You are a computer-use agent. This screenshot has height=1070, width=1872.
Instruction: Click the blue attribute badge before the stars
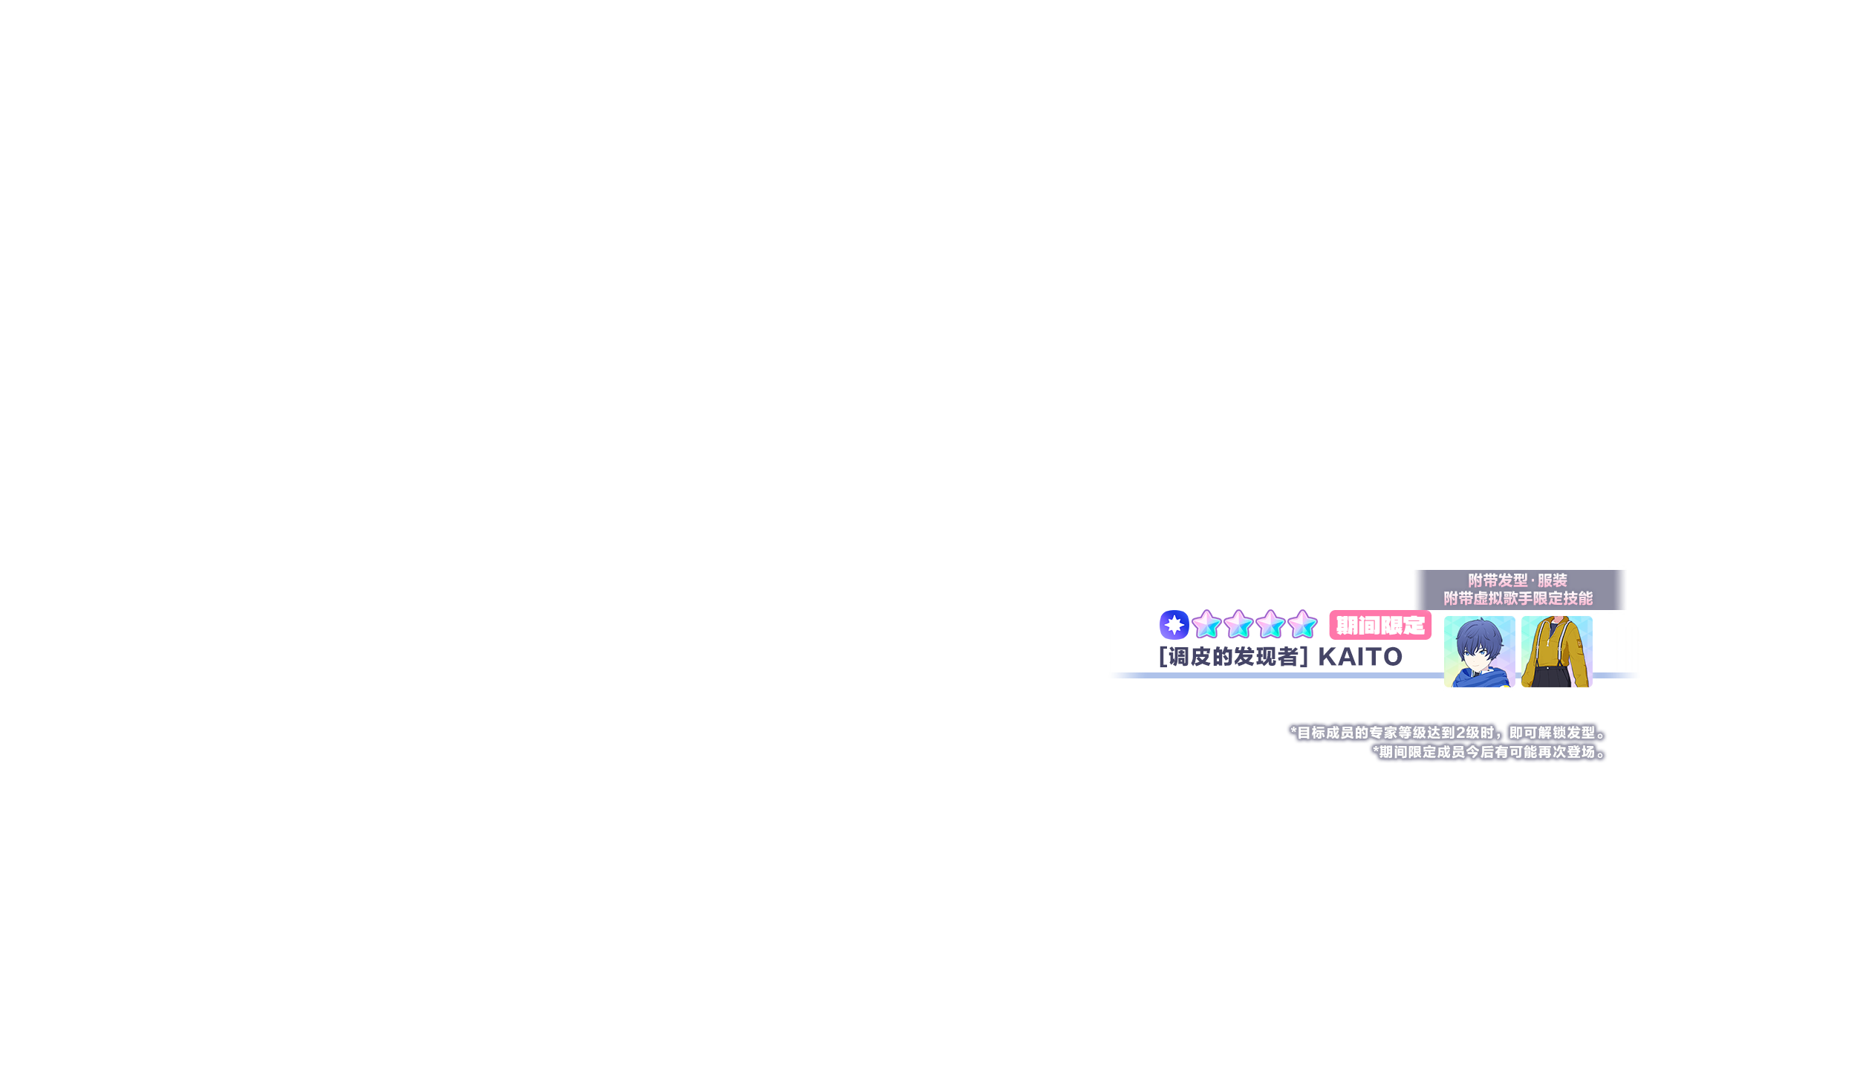coord(1174,625)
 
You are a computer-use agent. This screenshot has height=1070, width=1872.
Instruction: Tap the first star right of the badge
coord(1206,625)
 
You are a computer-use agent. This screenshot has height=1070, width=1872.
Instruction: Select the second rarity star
coord(1238,625)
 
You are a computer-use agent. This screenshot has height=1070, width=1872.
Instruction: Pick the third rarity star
coord(1270,625)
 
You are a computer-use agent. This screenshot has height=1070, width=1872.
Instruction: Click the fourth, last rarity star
coord(1302,625)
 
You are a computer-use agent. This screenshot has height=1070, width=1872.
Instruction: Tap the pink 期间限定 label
coord(1380,626)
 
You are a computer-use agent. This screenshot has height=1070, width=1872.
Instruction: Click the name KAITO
coord(1360,657)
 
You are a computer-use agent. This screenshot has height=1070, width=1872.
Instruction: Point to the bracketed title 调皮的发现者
coord(1233,657)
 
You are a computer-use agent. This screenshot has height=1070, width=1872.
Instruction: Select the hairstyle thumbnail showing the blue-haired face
coord(1479,652)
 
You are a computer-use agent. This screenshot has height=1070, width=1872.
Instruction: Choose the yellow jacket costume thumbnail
coord(1556,652)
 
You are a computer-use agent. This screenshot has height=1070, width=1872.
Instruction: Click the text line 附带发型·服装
coord(1518,580)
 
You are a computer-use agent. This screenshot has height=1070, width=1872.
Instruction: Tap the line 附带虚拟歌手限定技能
coord(1518,598)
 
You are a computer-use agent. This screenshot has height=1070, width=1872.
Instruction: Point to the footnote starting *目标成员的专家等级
coord(1449,733)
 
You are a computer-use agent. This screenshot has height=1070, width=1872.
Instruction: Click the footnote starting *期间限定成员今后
coord(1489,752)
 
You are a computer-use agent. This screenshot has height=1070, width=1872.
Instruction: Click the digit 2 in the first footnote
coord(1461,733)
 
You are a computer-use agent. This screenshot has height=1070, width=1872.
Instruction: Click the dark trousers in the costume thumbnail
coord(1553,677)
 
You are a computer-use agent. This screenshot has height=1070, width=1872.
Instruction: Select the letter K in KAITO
coord(1327,657)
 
